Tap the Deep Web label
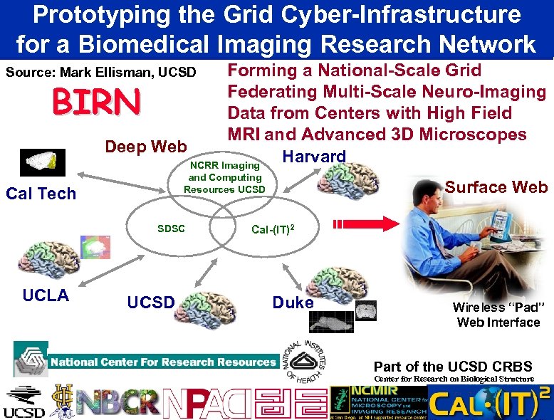click(145, 147)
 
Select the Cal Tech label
click(41, 194)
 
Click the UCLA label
click(46, 295)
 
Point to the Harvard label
click(314, 157)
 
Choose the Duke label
click(293, 303)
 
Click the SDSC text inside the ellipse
click(171, 229)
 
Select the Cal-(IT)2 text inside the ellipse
click(273, 229)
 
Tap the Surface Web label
click(496, 187)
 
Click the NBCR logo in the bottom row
click(117, 402)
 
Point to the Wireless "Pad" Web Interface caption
click(498, 315)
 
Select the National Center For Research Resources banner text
click(162, 362)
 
